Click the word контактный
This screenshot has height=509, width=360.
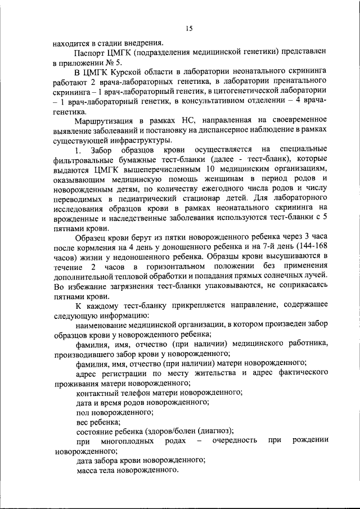(x=95, y=393)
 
